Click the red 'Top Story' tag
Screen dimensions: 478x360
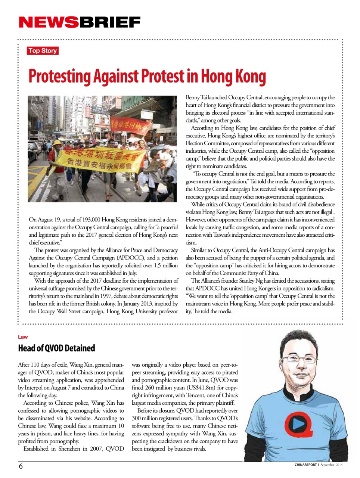43,51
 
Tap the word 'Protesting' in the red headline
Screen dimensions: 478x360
60,76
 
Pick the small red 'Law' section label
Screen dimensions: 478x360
23,337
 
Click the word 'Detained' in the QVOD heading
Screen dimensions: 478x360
80,348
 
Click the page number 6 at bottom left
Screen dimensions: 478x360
21,466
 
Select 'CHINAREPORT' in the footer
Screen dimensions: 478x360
305,465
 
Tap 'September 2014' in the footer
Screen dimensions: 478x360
331,465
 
